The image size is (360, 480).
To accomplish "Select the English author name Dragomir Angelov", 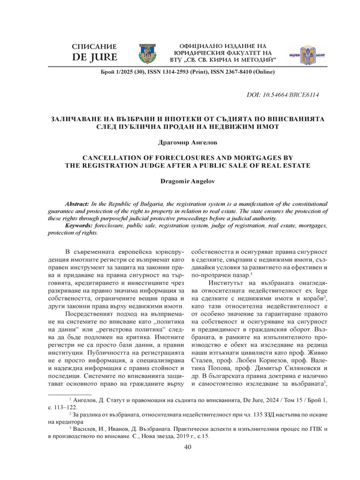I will pyautogui.click(x=180, y=181).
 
